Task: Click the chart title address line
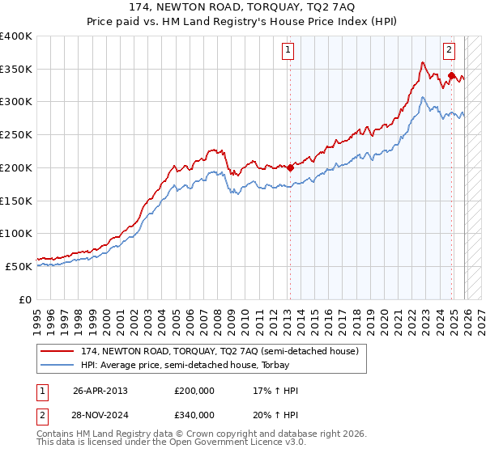pyautogui.click(x=243, y=7)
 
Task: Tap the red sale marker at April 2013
pyautogui.click(x=290, y=168)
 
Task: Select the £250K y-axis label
pyautogui.click(x=16, y=135)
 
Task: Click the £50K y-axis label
pyautogui.click(x=19, y=266)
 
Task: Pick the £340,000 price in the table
pyautogui.click(x=194, y=414)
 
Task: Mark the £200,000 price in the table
pyautogui.click(x=194, y=391)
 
